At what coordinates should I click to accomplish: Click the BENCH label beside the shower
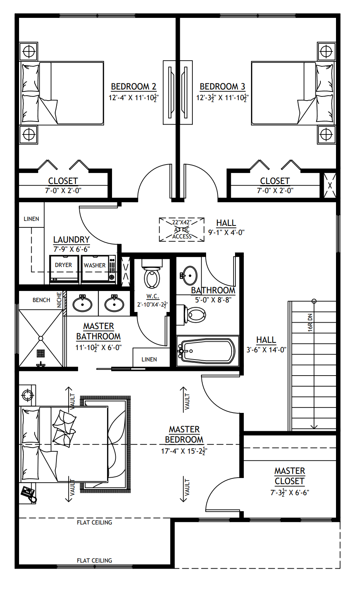[41, 300]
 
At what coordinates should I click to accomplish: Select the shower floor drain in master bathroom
[41, 353]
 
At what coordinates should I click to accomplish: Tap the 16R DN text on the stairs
[310, 322]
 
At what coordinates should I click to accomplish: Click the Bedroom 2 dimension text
[133, 98]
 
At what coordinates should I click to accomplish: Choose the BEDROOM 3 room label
[222, 87]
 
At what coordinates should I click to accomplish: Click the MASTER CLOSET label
[290, 476]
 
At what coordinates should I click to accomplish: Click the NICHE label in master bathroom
[59, 300]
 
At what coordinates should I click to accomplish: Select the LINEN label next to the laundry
[31, 219]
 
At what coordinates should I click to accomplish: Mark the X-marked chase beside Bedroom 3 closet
[330, 185]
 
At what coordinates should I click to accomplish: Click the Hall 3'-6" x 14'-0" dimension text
[266, 350]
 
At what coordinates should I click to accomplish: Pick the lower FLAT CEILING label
[94, 560]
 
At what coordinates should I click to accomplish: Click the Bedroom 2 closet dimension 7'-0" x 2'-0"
[63, 191]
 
